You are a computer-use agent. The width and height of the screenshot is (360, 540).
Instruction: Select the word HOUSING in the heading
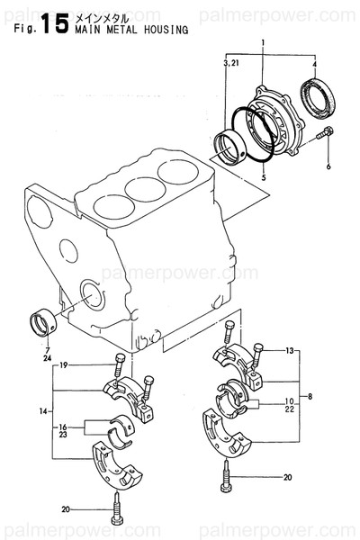[166, 29]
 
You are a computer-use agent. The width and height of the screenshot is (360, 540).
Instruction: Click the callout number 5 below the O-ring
[262, 178]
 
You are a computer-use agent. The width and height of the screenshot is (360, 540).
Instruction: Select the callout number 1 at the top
[262, 44]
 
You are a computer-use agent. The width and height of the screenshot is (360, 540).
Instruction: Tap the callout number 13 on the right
[289, 350]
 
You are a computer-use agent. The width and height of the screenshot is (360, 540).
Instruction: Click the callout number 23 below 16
[64, 434]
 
